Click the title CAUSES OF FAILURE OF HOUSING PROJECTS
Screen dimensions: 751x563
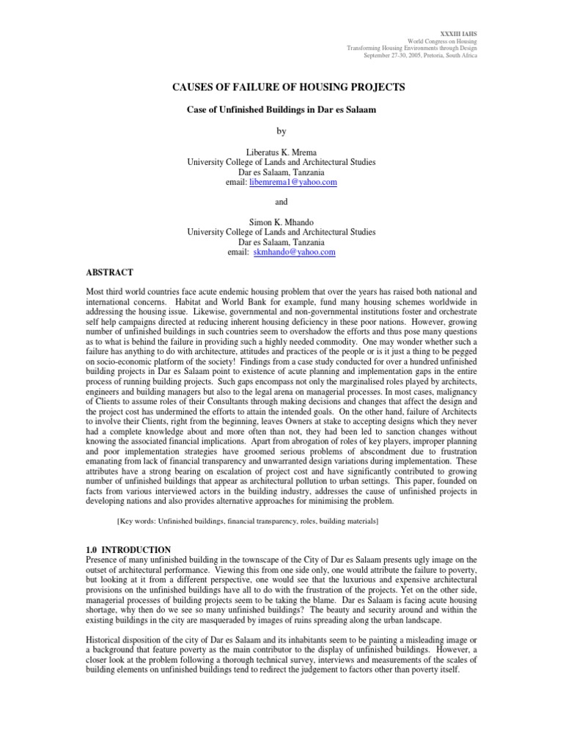288,87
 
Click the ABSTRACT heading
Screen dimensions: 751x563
111,272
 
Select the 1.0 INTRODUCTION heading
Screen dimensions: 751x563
129,550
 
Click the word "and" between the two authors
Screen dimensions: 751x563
281,201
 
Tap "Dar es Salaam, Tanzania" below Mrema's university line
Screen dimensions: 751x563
281,171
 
